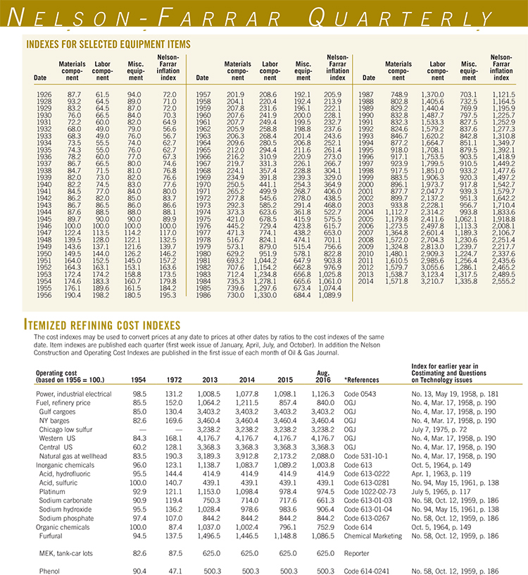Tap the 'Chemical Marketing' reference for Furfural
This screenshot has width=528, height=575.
(x=373, y=537)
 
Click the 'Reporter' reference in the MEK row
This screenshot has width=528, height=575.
(x=359, y=554)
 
